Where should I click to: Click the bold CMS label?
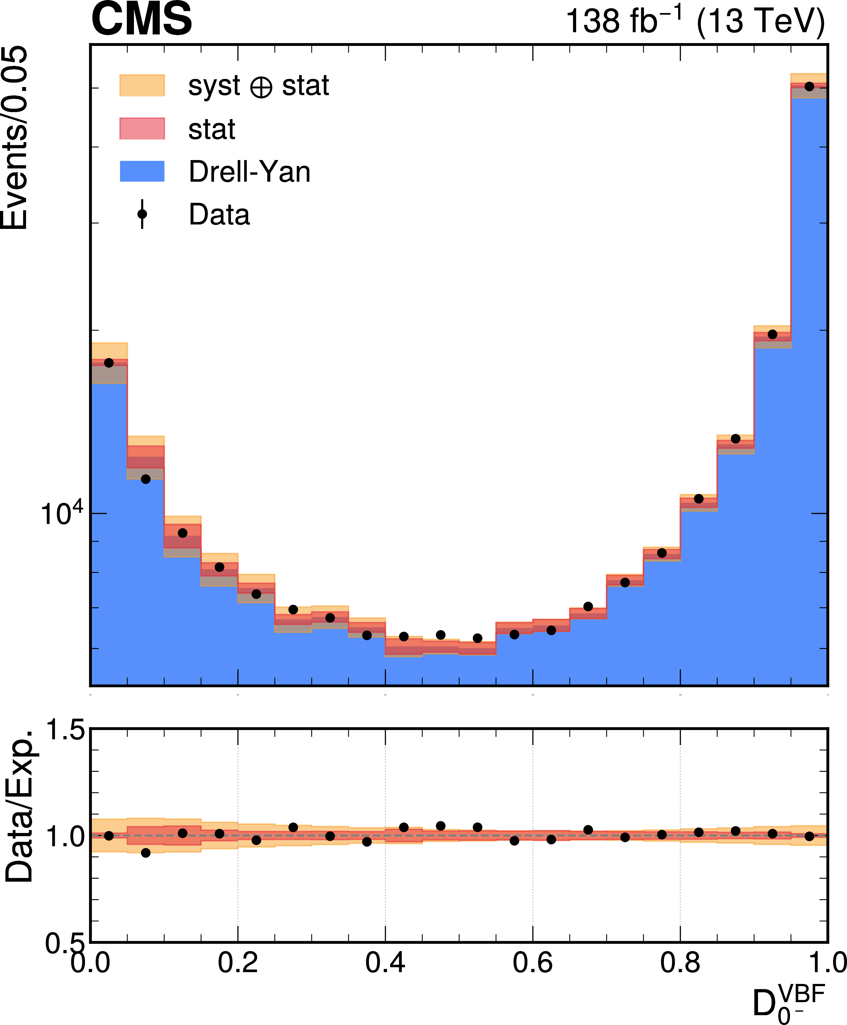pyautogui.click(x=142, y=18)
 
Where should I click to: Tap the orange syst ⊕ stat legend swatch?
pyautogui.click(x=142, y=85)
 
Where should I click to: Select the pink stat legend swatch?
pyautogui.click(x=142, y=128)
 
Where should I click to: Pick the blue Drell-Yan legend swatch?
pyautogui.click(x=142, y=171)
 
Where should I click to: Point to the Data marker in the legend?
pyautogui.click(x=142, y=214)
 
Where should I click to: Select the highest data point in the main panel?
pyautogui.click(x=809, y=86)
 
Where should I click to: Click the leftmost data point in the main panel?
pyautogui.click(x=109, y=363)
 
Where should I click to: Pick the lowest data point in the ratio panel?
pyautogui.click(x=146, y=853)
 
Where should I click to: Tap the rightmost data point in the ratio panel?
pyautogui.click(x=809, y=836)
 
